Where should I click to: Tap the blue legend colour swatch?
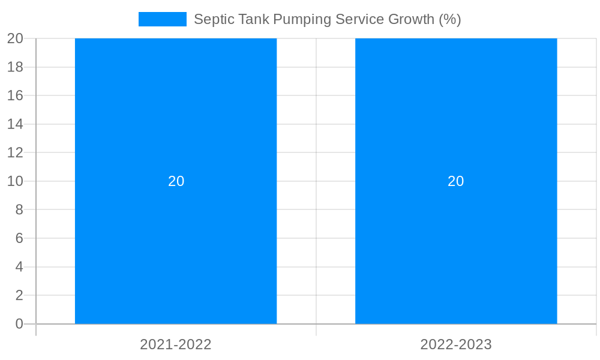[x=162, y=19]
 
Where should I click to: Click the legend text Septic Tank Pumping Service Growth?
[x=327, y=19]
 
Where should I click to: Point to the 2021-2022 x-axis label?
[x=176, y=344]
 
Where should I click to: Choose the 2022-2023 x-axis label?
[x=456, y=344]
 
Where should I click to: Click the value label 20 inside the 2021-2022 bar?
[x=176, y=181]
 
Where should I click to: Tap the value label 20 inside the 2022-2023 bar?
[x=456, y=181]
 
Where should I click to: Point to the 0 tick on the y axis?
[x=19, y=324]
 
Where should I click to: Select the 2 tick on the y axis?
[x=19, y=295]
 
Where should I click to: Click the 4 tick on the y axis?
[x=19, y=267]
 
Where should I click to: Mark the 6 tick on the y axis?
[x=19, y=238]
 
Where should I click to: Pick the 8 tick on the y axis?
[x=19, y=210]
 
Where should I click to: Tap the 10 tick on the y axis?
[x=16, y=181]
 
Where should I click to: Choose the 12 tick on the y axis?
[x=16, y=152]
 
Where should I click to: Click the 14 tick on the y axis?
[x=16, y=124]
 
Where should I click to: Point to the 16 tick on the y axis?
[x=16, y=95]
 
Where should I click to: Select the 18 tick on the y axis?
[x=16, y=67]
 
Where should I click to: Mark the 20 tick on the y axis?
[x=16, y=38]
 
